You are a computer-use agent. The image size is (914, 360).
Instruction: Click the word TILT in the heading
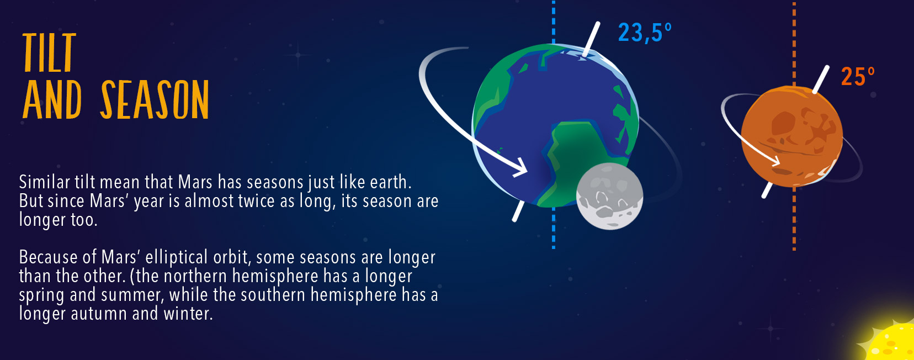(x=49, y=52)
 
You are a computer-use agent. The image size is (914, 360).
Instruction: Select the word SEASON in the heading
(x=155, y=99)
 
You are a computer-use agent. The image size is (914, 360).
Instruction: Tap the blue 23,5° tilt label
(x=645, y=32)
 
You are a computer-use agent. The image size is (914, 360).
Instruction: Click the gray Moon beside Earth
(x=609, y=196)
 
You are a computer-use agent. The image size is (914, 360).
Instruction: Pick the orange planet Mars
(x=792, y=136)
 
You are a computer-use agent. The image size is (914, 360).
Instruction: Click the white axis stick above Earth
(x=591, y=39)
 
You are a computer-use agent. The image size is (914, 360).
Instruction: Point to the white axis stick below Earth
(x=518, y=211)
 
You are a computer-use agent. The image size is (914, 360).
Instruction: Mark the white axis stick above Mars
(x=821, y=79)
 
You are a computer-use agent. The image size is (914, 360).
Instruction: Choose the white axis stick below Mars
(x=767, y=190)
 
